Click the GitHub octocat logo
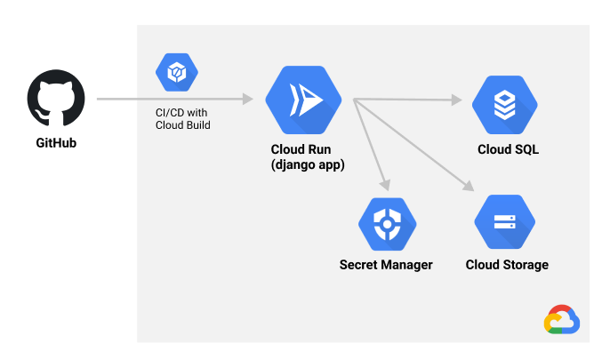click(x=56, y=100)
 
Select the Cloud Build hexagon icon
click(x=177, y=72)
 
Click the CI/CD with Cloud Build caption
click(x=182, y=118)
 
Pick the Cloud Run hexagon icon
click(x=303, y=100)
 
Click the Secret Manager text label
click(x=386, y=265)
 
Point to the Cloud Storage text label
click(x=507, y=265)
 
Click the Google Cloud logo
click(x=562, y=320)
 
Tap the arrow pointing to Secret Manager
click(x=372, y=142)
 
